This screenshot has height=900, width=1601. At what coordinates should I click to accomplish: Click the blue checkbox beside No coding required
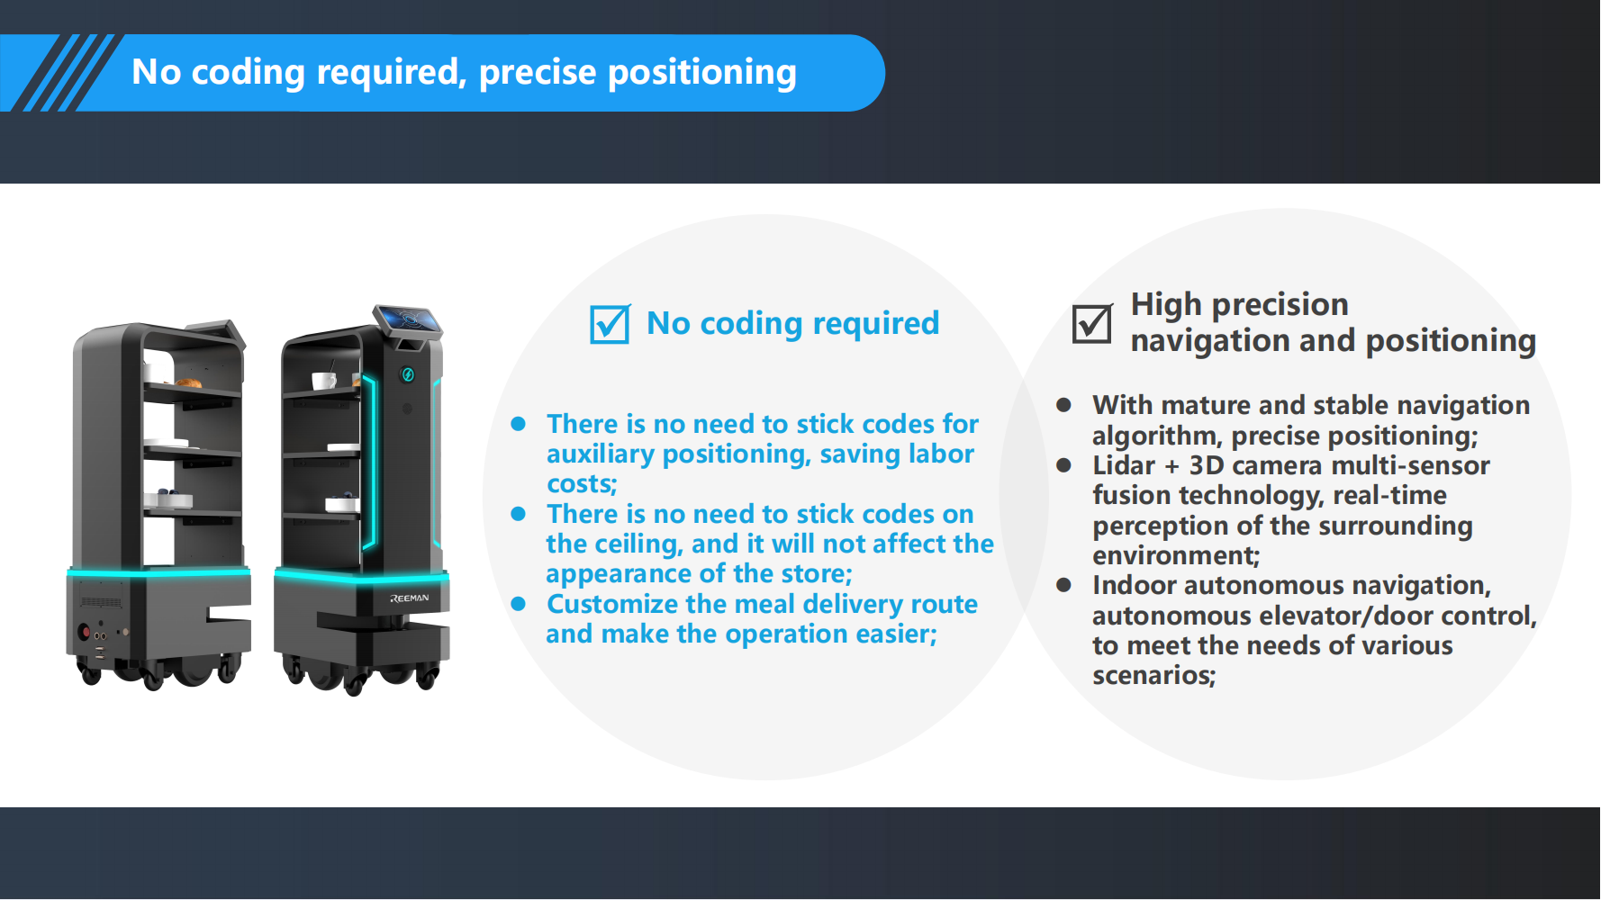tap(610, 324)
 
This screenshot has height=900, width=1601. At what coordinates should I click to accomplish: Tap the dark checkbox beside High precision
tap(1092, 323)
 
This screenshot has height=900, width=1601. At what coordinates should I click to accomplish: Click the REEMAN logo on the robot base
tap(410, 598)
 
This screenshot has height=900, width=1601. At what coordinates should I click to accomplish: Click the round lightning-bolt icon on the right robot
tap(408, 374)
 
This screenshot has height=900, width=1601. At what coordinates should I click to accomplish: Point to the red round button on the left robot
tap(85, 632)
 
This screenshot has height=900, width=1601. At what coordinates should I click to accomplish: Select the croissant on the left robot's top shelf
tap(187, 382)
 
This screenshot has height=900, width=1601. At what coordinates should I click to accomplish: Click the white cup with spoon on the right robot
tap(324, 380)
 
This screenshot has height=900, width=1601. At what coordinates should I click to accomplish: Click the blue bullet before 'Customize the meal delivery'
tap(518, 604)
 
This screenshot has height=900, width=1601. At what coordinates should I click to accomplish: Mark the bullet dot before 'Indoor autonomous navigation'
tap(1063, 585)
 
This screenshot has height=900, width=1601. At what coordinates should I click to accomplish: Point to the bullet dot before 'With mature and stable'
tap(1063, 405)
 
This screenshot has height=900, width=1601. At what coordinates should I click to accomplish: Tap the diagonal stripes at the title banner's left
tap(61, 73)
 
